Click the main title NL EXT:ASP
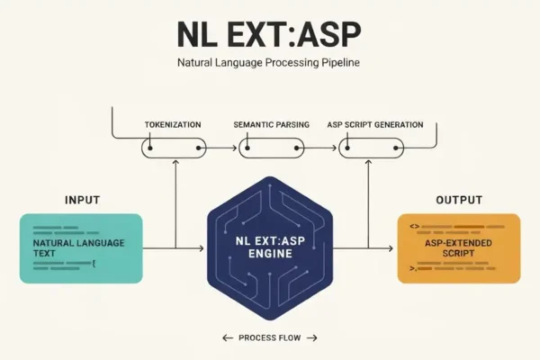click(x=269, y=34)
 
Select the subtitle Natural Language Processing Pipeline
click(x=268, y=63)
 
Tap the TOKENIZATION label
click(x=173, y=125)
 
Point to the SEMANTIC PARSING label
click(x=272, y=125)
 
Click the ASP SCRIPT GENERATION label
click(x=375, y=125)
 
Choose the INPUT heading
click(x=82, y=200)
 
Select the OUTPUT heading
click(x=459, y=200)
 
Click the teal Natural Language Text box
click(x=81, y=248)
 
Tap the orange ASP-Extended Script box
click(x=459, y=248)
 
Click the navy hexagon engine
click(x=270, y=248)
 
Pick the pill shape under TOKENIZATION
click(x=174, y=148)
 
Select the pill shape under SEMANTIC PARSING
click(x=272, y=148)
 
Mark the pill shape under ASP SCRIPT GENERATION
click(x=371, y=148)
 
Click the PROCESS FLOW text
click(x=270, y=338)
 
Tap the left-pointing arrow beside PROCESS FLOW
click(x=228, y=338)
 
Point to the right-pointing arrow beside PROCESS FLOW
click(x=312, y=338)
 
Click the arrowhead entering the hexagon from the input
click(x=202, y=248)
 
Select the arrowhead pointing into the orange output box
click(x=391, y=248)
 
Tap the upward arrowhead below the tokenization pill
click(x=175, y=163)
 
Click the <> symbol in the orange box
click(x=414, y=227)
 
